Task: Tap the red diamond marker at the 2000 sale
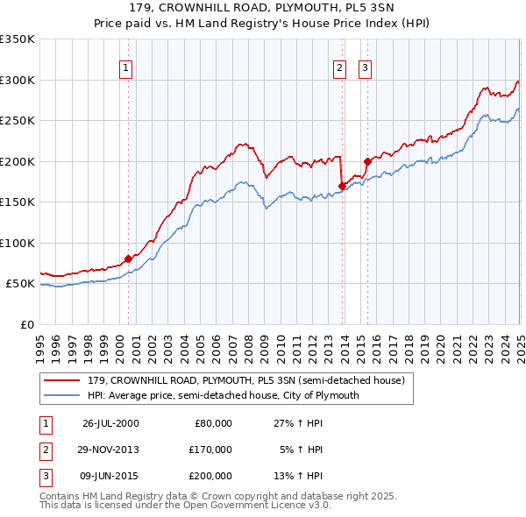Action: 128,258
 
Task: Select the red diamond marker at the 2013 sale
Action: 342,186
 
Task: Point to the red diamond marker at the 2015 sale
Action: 367,161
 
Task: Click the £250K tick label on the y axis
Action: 18,121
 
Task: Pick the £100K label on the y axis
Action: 18,243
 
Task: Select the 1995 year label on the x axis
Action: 40,341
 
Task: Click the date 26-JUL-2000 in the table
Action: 110,423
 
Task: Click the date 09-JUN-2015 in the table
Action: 110,476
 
